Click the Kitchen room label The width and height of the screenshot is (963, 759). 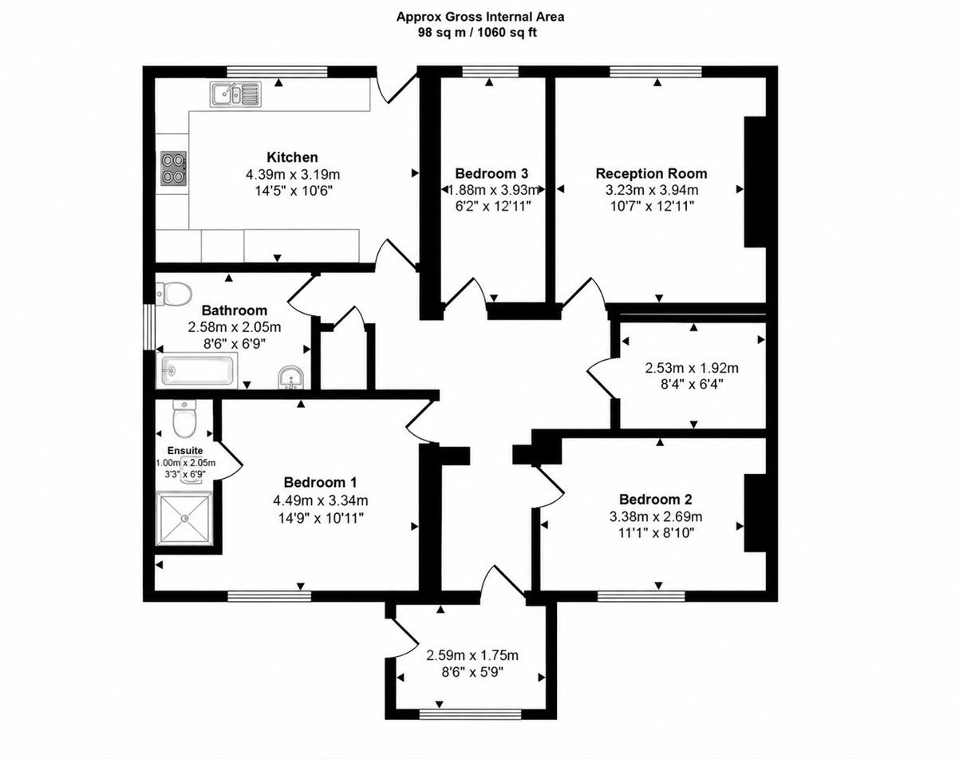point(292,157)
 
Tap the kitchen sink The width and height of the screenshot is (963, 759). point(235,94)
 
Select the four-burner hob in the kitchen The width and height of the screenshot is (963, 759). point(174,168)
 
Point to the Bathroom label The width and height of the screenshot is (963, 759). point(234,310)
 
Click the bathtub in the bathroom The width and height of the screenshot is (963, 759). point(196,370)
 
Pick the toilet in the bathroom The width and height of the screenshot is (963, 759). point(174,294)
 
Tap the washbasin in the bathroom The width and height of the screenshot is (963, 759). point(291,378)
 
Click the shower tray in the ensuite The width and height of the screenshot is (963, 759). point(184,518)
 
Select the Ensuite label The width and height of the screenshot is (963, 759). point(185,450)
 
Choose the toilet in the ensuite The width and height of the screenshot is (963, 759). point(184,418)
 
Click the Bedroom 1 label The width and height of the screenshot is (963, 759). point(321,482)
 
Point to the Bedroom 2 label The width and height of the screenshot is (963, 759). point(656,500)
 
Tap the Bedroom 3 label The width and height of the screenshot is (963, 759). point(491,173)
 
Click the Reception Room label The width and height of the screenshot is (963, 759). point(651,173)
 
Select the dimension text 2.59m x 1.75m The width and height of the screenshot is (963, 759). point(472,655)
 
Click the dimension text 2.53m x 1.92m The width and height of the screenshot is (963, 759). point(692,368)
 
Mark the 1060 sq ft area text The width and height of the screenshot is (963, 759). point(508,32)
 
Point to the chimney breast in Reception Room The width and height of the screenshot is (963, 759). point(755,182)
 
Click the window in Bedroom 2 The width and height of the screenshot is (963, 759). point(641,595)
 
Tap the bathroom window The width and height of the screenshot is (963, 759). point(149,327)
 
